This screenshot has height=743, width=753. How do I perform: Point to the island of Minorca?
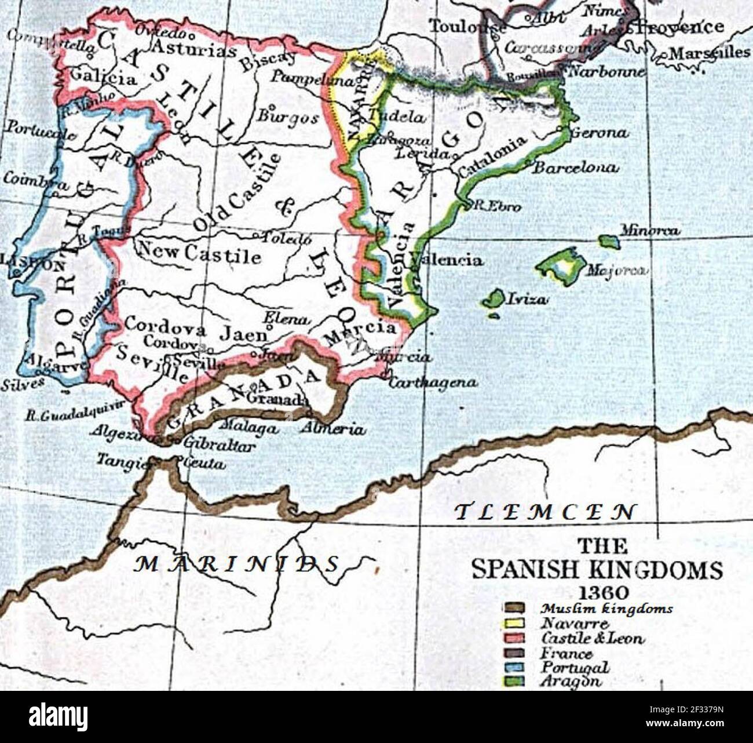point(609,241)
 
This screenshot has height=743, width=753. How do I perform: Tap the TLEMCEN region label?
point(544,512)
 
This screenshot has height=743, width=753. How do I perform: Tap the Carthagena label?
point(433,383)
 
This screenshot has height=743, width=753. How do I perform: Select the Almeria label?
point(333,429)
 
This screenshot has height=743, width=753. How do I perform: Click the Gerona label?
point(599,133)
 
